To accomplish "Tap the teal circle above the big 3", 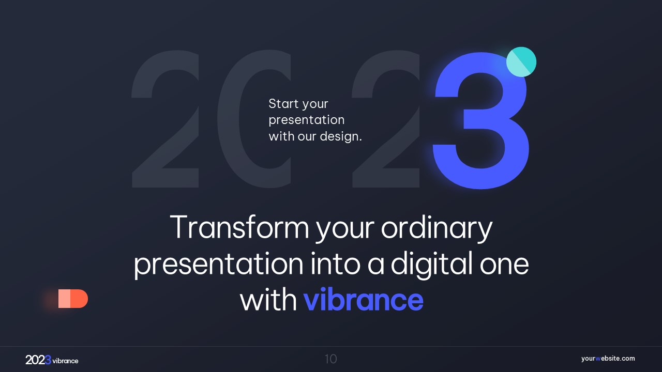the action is coord(521,61).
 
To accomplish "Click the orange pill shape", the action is coord(73,299).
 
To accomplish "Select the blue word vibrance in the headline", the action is coord(364,300).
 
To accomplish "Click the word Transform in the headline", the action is coord(239,227).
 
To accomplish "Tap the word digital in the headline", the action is coord(431,264).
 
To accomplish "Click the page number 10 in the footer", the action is coord(330,359).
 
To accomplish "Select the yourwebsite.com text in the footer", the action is coord(608,359).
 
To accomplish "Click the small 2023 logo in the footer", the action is coord(38,360).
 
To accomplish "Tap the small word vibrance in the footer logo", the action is coord(65,361).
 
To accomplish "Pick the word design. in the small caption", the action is coord(341,137).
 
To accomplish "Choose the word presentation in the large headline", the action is coord(219,264).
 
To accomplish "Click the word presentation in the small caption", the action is coord(307,120).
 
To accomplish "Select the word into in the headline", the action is coord(336,263).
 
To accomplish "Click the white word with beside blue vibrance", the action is coord(268,300).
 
